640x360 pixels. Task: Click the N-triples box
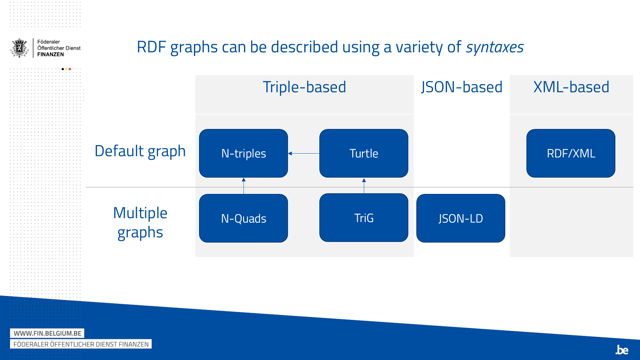pos(244,153)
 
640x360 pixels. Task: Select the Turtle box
pos(364,153)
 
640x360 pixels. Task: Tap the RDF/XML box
pos(571,153)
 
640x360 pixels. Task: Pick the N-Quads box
pos(244,218)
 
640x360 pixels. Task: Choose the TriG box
pos(364,218)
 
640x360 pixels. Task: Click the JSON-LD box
pos(460,218)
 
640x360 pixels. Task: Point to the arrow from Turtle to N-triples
pos(304,154)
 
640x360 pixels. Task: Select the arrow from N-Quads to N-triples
pos(244,186)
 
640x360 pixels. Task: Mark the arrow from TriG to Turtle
pos(364,186)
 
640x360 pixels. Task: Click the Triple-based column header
pos(304,87)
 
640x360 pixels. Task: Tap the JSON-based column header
pos(461,87)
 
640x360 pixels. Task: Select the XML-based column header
pos(571,87)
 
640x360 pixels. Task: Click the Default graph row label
pos(140,151)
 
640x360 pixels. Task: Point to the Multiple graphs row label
pos(140,222)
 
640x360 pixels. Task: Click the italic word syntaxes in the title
pos(495,47)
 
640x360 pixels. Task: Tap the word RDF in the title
pos(151,47)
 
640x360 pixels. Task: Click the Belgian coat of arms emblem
pos(20,48)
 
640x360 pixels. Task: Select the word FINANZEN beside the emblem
pos(51,54)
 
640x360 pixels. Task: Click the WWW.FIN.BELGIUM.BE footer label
pos(47,333)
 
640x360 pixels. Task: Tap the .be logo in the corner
pos(622,350)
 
